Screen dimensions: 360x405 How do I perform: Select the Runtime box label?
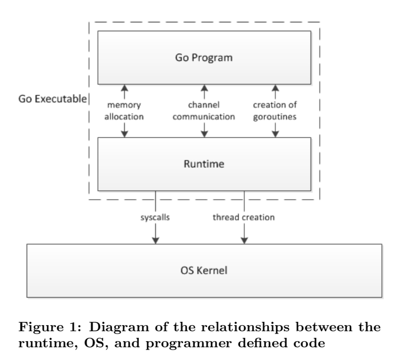[203, 165]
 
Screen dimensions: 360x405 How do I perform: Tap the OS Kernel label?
[203, 271]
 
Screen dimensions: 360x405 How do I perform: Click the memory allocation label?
[125, 111]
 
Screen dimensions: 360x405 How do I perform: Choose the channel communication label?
[204, 111]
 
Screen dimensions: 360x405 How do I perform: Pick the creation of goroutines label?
[275, 111]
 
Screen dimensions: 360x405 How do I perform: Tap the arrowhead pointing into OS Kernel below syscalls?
[155, 240]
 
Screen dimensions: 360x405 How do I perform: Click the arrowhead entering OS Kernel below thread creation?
[244, 240]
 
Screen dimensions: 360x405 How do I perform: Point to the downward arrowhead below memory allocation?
[125, 134]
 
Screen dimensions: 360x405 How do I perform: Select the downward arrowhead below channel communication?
[204, 134]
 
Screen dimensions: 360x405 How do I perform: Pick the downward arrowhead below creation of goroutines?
[275, 134]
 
